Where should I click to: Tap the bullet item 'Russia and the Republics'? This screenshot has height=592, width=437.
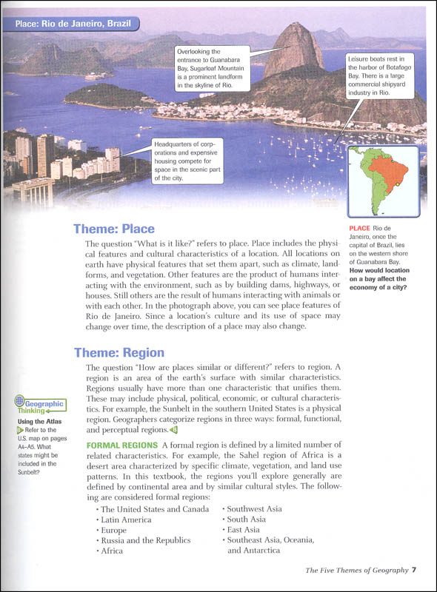(145, 540)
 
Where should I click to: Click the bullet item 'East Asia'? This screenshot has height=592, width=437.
(247, 530)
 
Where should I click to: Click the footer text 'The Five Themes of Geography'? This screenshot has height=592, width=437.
(356, 570)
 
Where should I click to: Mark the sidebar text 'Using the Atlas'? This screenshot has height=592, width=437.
(36, 423)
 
